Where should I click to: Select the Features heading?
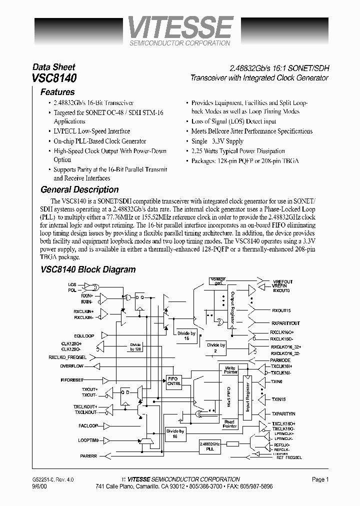(x=57, y=92)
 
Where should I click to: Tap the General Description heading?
(x=79, y=189)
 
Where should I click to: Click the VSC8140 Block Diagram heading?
(x=88, y=269)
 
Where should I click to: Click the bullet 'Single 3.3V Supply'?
(x=217, y=141)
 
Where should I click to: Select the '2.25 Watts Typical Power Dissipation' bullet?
(x=238, y=151)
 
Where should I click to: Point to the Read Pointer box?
(x=229, y=423)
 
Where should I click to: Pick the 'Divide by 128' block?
(x=135, y=346)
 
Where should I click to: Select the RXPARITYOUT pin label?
(x=285, y=323)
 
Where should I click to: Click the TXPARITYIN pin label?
(x=283, y=414)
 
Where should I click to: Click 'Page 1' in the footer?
(x=320, y=479)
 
